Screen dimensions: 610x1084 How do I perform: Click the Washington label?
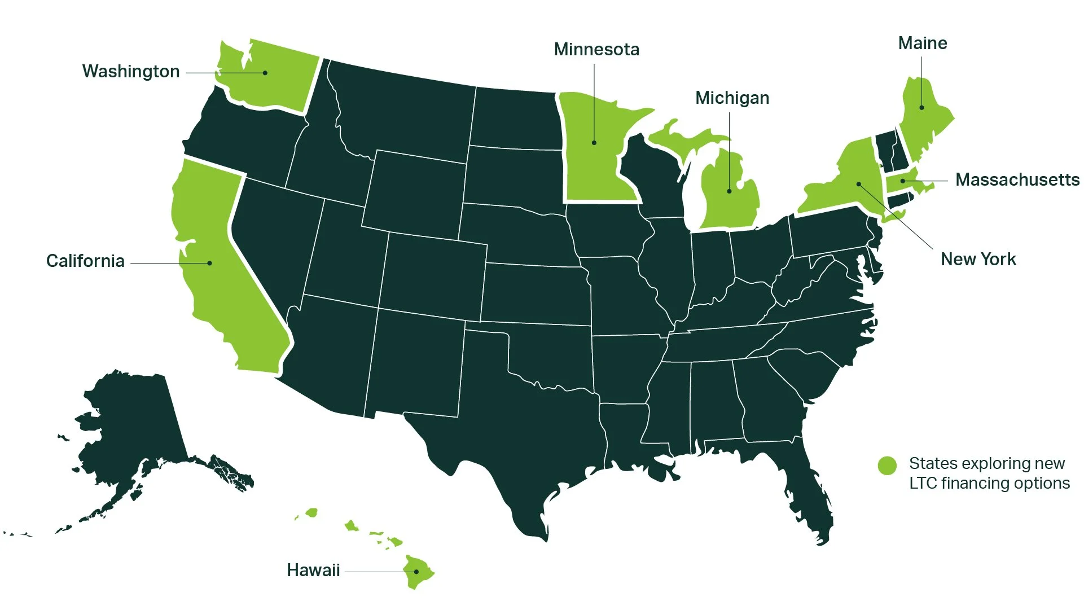click(x=131, y=72)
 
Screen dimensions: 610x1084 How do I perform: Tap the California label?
click(x=85, y=261)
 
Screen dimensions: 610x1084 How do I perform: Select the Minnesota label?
click(x=596, y=50)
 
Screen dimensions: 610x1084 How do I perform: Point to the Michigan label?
click(x=732, y=98)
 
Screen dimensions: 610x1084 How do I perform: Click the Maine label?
click(x=922, y=43)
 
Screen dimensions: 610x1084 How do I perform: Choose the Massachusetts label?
click(x=1017, y=180)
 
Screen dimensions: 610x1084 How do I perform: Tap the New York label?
click(x=978, y=260)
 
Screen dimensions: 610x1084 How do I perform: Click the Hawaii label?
click(x=313, y=570)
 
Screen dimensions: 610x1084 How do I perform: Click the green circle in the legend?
click(x=887, y=466)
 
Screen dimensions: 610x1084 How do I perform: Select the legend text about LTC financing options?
click(x=989, y=473)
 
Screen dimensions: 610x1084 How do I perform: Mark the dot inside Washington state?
click(x=265, y=73)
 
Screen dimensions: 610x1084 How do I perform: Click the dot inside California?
click(x=210, y=263)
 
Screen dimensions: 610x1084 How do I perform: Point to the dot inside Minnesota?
click(x=594, y=143)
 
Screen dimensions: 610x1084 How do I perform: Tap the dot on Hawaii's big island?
click(x=416, y=572)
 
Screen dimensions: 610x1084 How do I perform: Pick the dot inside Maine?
click(x=921, y=107)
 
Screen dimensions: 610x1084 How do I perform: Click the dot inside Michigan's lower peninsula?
click(x=729, y=191)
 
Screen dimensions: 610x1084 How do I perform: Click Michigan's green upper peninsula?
click(x=677, y=138)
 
